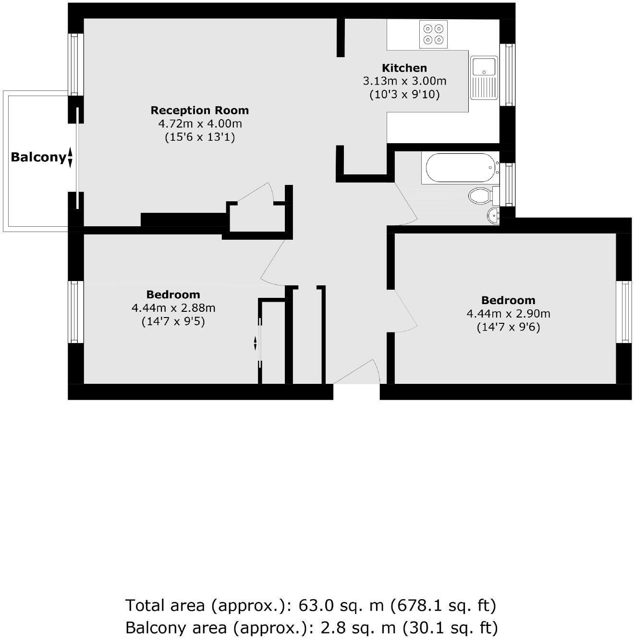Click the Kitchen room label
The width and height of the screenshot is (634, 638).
coord(404,68)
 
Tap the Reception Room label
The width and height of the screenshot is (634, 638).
coord(200,110)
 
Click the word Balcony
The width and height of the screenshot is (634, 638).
coord(38,157)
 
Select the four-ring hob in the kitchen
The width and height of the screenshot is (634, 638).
coord(433,34)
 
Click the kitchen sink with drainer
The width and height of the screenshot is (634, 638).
coord(484,77)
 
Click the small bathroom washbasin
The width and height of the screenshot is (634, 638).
coord(494,216)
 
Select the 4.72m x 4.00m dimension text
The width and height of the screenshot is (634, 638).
coord(200,124)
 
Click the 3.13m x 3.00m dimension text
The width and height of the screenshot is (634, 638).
coord(404,81)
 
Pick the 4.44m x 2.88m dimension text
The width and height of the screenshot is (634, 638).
coord(173,308)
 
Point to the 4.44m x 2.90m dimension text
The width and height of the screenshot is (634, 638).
coord(508,314)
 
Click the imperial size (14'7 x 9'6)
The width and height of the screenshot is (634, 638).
coord(508,328)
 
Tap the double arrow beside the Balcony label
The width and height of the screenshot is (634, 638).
coord(70,157)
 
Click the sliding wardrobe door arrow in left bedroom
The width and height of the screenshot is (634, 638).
coord(256,343)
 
